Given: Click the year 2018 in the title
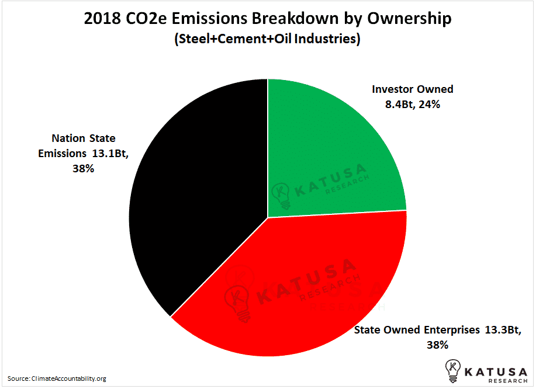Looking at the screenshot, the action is pos(102,18).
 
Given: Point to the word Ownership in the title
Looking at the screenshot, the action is pos(409,19).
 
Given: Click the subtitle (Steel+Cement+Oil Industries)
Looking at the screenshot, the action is pos(267,39).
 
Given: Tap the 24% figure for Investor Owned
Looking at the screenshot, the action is pos(430,104).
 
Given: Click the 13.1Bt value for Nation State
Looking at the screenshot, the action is pos(110,154).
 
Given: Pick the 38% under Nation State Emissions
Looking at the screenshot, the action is pos(83,169).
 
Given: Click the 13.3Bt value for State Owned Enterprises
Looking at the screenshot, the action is pos(503,330).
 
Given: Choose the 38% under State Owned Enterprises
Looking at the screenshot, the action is pos(437,345).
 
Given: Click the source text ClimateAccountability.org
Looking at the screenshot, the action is pos(69,378).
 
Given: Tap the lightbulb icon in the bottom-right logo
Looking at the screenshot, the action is pos(453,370).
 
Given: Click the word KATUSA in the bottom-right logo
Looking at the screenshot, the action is pos(496,371).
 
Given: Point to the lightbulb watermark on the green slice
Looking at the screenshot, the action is pos(281,195).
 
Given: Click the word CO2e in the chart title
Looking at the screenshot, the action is pos(146,18).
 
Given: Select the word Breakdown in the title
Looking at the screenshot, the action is pos(295,18).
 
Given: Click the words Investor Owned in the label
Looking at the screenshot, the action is pos(413,89).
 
